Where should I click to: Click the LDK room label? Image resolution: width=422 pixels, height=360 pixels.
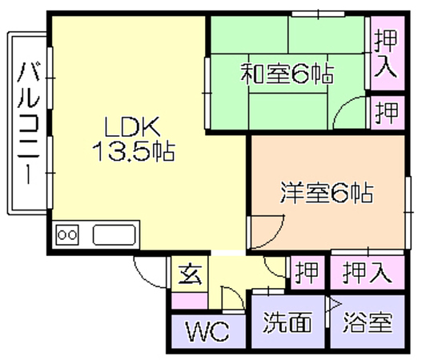pos(132,126)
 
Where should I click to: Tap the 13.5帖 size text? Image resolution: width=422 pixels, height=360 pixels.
pos(134,151)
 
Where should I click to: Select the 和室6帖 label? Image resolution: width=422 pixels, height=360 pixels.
pos(287,74)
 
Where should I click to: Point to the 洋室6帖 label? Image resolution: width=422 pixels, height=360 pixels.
pos(327,193)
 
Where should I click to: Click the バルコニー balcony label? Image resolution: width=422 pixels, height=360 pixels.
pos(29,123)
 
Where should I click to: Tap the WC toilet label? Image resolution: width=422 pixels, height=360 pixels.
pos(207,331)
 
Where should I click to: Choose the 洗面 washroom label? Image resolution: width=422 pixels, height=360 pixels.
pos(287,322)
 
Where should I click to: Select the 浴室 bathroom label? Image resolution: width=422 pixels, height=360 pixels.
pos(368,322)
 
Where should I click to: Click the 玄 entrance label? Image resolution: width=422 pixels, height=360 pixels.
pos(191,274)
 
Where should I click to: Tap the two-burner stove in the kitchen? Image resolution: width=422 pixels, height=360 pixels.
pos(67,234)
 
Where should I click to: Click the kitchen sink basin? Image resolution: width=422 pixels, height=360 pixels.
pos(115,235)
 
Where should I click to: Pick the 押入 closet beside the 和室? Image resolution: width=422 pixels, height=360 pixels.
pos(386,54)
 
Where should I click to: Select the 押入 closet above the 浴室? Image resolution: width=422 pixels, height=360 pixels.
pos(368,273)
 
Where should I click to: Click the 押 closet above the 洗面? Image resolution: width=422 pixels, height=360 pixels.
pos(307,273)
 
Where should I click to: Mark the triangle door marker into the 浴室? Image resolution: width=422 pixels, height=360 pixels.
pos(333,304)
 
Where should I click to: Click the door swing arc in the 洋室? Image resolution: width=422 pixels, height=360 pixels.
pos(277,238)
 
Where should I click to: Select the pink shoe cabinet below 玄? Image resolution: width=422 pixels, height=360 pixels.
pos(190,301)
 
